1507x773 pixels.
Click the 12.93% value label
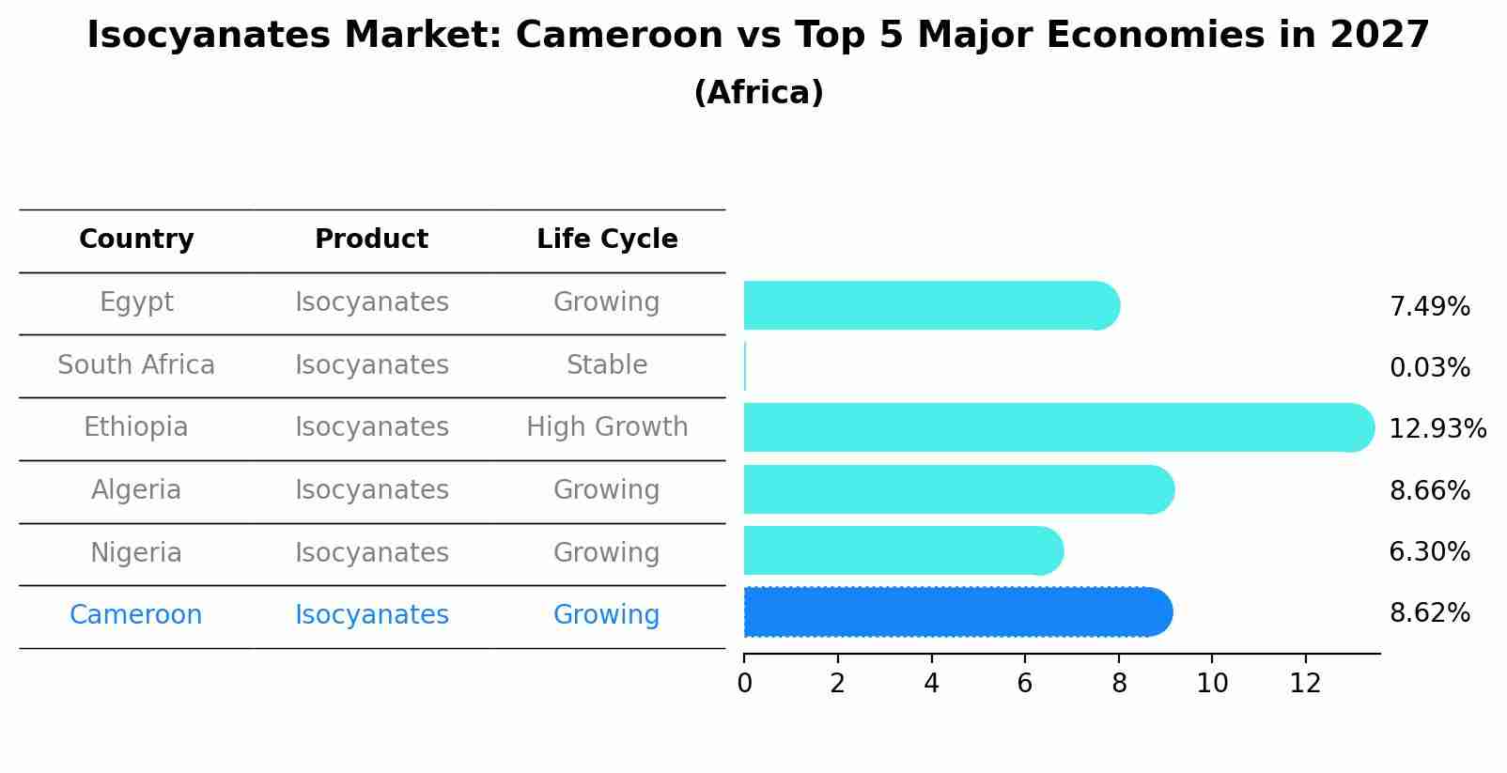pos(1437,429)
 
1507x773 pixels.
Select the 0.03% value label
pos(1429,368)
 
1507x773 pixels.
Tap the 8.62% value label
pos(1429,613)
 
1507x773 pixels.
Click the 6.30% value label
pos(1429,552)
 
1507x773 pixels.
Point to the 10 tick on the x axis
pos(1212,684)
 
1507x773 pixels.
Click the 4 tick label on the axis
pos(931,684)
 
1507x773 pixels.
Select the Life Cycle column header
pos(607,240)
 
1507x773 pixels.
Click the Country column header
pos(136,240)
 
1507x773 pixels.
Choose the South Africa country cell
pos(136,365)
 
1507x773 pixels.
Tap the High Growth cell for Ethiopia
pos(607,427)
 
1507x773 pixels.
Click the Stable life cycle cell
pos(607,365)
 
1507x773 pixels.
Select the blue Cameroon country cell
pos(136,615)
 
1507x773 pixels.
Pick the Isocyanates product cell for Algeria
pos(372,490)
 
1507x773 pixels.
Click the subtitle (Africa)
pos(758,93)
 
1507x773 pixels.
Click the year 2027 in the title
pos(1379,36)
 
